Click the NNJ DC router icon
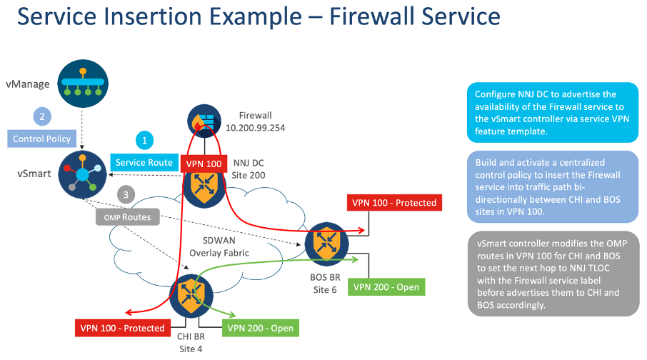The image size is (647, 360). [x=204, y=185]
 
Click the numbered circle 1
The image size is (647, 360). [x=144, y=141]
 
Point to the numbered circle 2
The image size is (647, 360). [x=42, y=116]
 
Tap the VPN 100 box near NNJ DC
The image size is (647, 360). [x=204, y=163]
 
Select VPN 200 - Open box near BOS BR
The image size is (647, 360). [x=386, y=286]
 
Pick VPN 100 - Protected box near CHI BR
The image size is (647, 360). [x=119, y=328]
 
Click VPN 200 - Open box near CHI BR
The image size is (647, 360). [x=261, y=328]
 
